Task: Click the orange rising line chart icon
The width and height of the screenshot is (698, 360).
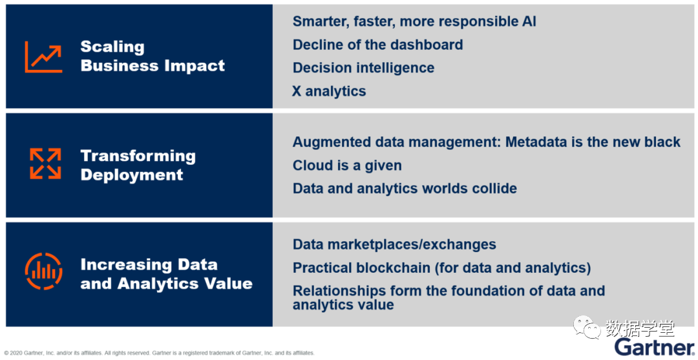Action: [x=44, y=56]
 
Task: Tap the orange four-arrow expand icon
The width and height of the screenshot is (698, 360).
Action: [x=45, y=164]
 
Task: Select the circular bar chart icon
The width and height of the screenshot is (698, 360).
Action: [x=44, y=271]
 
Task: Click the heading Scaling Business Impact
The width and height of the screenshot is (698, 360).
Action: [x=153, y=56]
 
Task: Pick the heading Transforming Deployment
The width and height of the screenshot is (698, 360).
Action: [x=138, y=165]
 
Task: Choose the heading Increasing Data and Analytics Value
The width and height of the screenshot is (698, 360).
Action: [x=167, y=273]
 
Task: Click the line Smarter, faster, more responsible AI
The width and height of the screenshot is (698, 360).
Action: [x=414, y=21]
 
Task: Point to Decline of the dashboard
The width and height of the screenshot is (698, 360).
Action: [x=378, y=45]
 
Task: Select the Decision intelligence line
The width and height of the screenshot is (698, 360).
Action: [x=363, y=68]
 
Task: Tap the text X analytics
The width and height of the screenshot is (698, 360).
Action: [x=329, y=90]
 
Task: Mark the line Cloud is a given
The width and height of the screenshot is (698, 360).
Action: [x=347, y=165]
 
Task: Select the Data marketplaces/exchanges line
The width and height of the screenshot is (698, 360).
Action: [x=394, y=244]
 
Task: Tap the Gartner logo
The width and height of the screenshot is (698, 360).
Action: [x=654, y=347]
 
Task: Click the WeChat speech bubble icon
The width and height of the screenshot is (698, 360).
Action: [x=587, y=327]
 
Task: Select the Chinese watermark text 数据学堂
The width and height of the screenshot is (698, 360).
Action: [x=640, y=328]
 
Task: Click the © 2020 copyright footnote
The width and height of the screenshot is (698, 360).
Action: [x=159, y=353]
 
